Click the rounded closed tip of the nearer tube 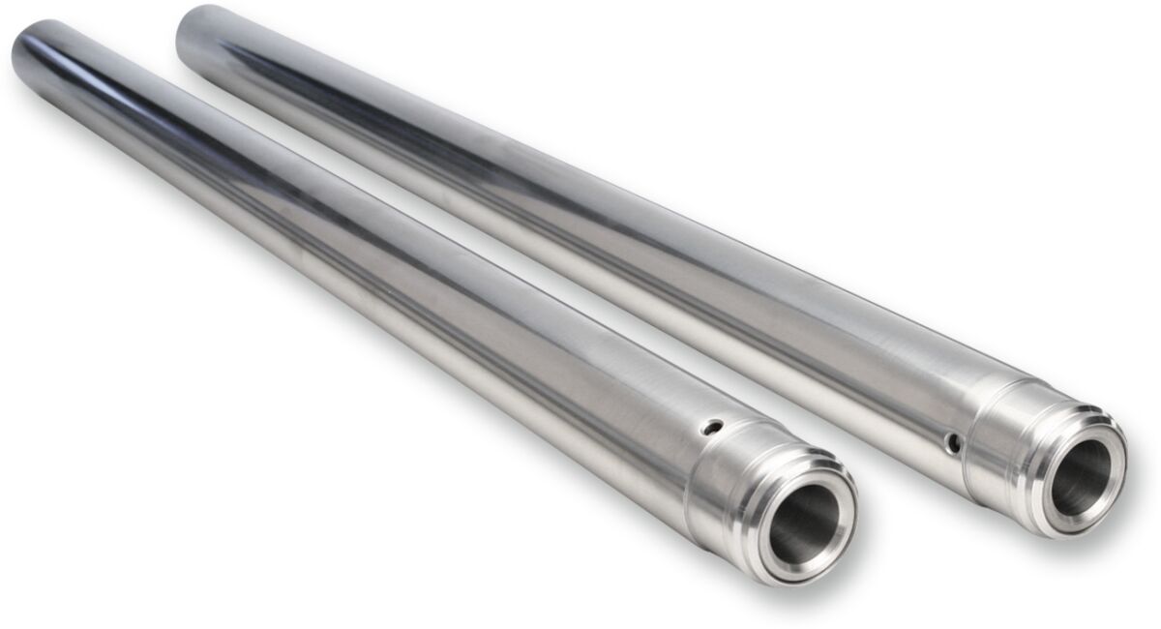pos(29,44)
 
